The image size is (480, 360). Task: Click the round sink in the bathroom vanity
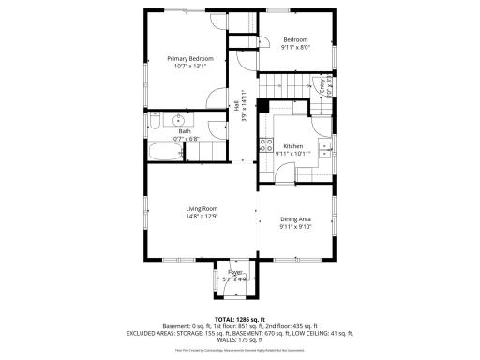pos(178,120)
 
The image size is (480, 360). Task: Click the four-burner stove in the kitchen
pos(266,145)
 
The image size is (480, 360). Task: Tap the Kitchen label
pos(293,146)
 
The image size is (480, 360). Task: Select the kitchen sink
pos(324,147)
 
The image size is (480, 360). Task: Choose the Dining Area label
pos(296,219)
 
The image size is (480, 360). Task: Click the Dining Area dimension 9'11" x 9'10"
pos(296,227)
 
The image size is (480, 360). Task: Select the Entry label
pos(322,85)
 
